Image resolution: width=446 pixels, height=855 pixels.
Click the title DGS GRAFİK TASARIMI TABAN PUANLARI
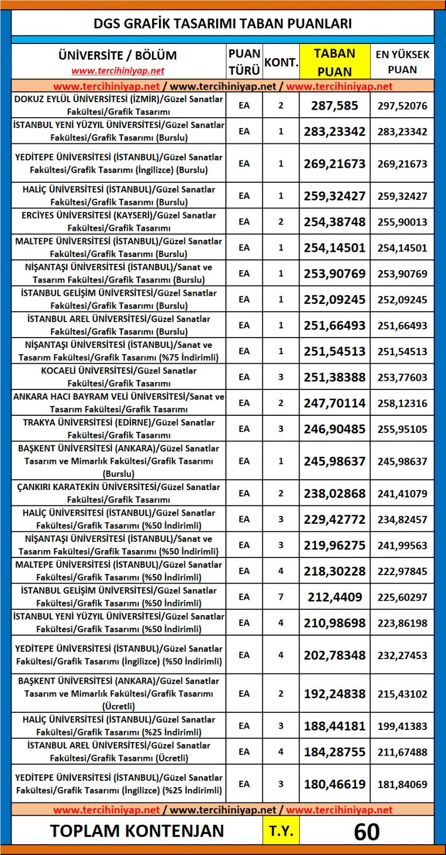coord(222,23)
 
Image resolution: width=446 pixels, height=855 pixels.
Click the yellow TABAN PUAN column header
coord(334,62)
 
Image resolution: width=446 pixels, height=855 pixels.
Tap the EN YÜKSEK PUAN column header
coord(402,62)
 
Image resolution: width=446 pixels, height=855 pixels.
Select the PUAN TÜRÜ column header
coord(244,62)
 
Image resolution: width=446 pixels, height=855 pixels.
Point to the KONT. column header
coord(281,62)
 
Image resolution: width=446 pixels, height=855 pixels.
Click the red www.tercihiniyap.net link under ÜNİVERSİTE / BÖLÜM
coord(118,71)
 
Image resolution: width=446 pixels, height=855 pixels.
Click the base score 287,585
coord(334,105)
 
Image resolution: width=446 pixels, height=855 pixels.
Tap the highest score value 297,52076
coord(402,105)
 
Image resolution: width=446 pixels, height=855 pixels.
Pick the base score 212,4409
coord(334,597)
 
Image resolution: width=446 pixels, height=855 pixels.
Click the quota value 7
coord(281,597)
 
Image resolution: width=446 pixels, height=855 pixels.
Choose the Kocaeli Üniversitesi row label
coord(118,376)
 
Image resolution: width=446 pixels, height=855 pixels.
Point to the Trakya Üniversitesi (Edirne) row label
coord(118,428)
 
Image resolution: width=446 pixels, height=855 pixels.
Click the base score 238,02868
coord(334,493)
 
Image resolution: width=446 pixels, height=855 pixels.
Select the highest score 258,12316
coord(402,403)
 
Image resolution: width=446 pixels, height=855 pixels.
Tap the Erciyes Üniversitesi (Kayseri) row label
coord(118,221)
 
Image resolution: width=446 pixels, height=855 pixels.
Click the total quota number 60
coord(367,832)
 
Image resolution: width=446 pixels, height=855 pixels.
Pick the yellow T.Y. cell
coord(281,832)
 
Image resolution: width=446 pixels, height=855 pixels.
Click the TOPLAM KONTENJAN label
coord(137,831)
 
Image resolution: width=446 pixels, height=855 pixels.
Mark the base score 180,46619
coord(334,784)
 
